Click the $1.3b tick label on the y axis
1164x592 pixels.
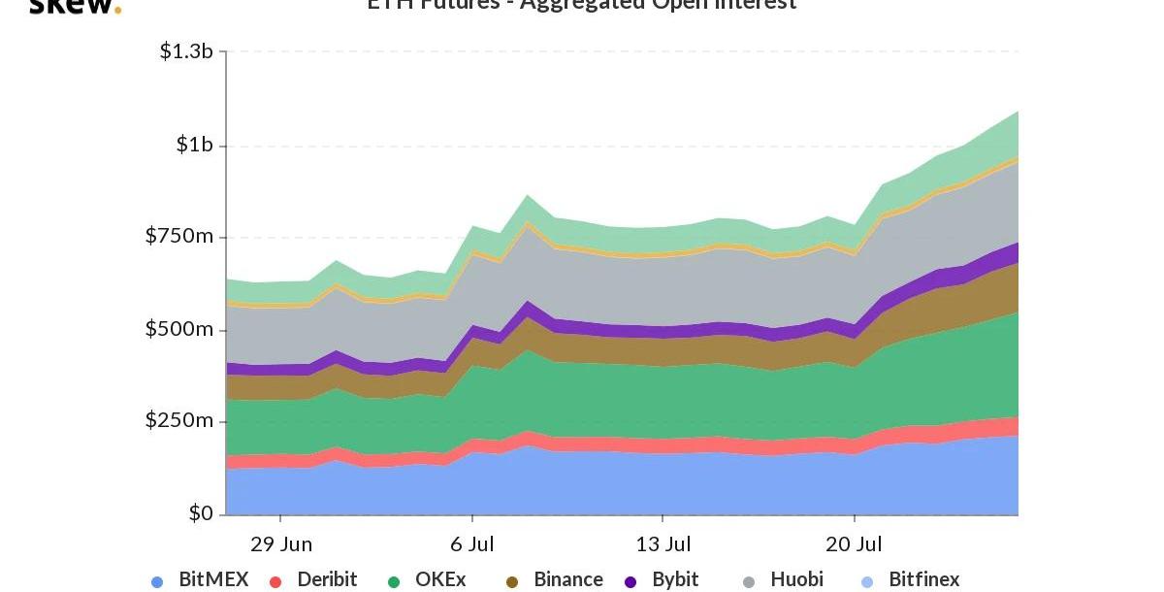[186, 50]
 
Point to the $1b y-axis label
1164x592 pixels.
[194, 145]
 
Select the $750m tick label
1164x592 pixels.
[179, 236]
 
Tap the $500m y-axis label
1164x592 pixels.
[179, 329]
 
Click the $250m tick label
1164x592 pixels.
[179, 421]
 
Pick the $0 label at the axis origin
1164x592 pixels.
[201, 513]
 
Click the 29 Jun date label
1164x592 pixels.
[281, 543]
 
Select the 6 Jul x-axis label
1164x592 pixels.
[471, 543]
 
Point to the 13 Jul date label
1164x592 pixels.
[663, 543]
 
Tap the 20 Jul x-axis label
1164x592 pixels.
[854, 543]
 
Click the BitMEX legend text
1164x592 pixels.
[213, 579]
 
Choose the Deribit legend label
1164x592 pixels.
[327, 579]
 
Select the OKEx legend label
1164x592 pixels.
[440, 579]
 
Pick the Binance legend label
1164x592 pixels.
[568, 579]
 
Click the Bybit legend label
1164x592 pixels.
[675, 579]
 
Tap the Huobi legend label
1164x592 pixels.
[796, 579]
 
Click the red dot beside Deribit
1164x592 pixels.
[275, 582]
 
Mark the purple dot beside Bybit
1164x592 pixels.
[630, 582]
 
